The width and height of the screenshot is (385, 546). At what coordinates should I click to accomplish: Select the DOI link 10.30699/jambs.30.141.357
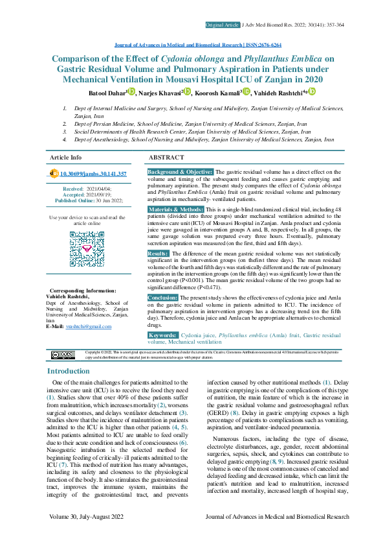[x=93, y=174]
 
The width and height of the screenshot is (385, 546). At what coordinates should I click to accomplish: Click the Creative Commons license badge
[x=63, y=354]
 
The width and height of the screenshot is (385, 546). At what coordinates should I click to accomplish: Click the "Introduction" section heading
[x=69, y=372]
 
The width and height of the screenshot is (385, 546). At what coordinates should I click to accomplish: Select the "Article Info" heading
[x=66, y=158]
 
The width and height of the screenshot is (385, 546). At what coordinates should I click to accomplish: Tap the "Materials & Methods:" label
[x=176, y=211]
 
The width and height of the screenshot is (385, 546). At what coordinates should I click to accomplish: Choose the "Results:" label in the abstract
[x=159, y=254]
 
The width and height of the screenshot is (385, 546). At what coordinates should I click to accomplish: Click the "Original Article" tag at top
[x=222, y=25]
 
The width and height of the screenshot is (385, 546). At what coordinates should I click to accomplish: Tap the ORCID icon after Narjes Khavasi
[x=188, y=92]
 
